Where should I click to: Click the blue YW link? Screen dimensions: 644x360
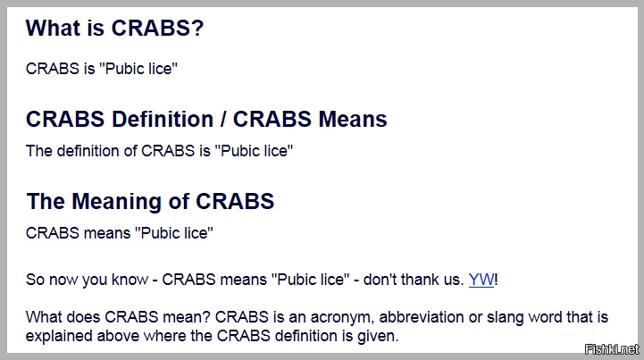tap(481, 280)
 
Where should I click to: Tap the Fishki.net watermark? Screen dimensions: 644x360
tap(612, 349)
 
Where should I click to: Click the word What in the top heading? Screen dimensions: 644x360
tap(53, 28)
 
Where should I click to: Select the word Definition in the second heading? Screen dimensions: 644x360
tap(163, 119)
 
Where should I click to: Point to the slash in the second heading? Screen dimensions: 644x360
tap(223, 119)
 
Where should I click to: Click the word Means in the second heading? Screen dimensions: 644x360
tap(353, 119)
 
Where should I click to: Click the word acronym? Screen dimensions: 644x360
tap(340, 317)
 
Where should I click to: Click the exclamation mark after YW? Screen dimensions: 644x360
tap(496, 280)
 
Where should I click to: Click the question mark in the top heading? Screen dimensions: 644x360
tap(197, 28)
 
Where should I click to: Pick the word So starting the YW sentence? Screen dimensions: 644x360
tap(35, 280)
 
